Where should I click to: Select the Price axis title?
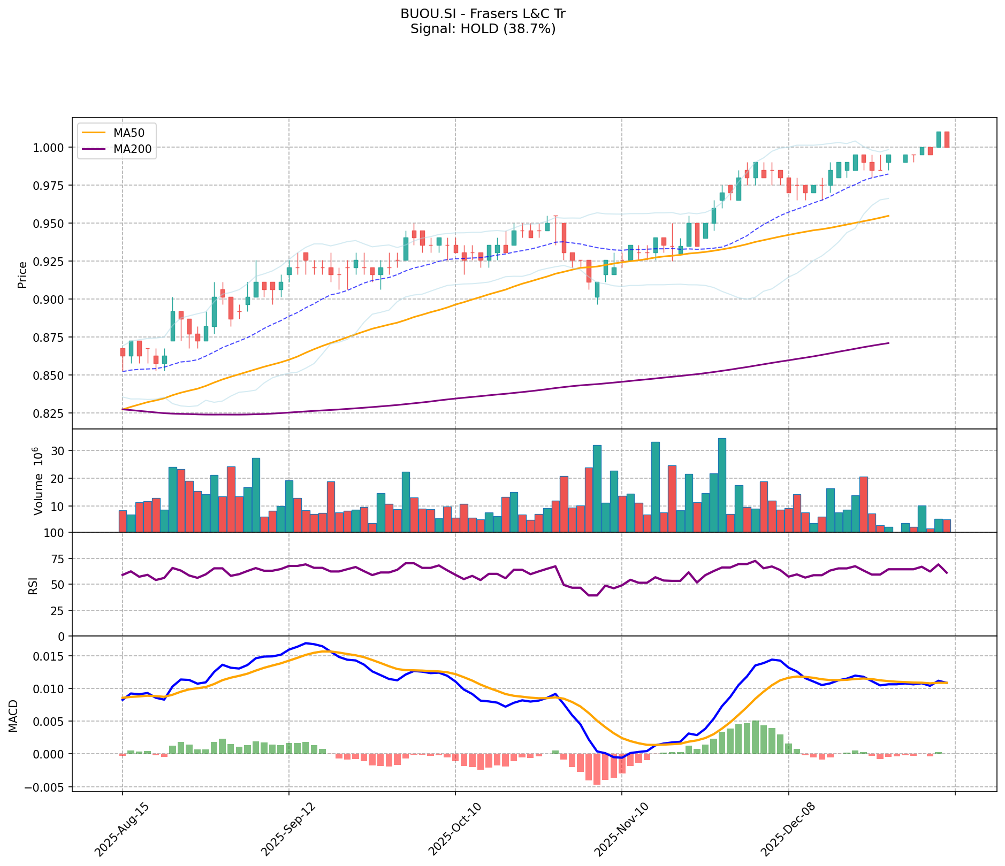22,275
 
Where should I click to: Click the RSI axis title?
33,585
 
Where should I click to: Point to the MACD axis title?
13,716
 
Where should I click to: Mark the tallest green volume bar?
722,485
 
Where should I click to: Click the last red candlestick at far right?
947,140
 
